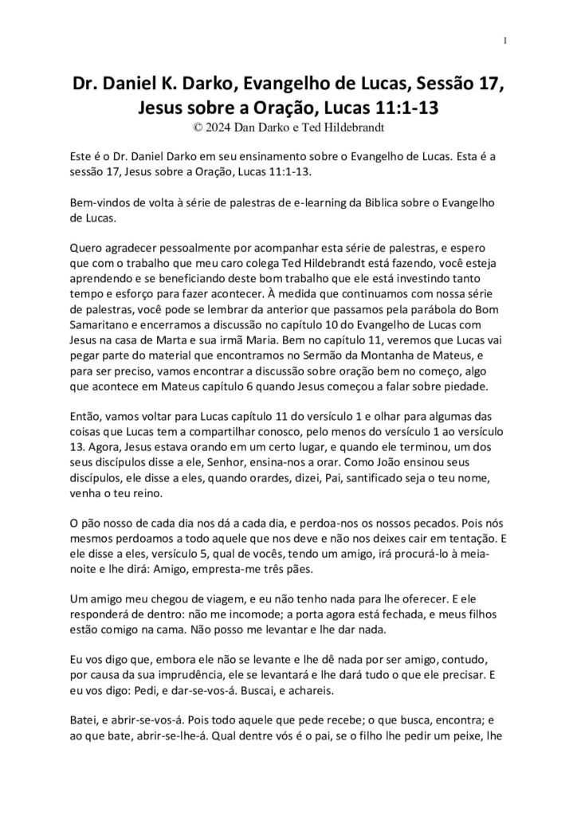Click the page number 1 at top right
[x=506, y=41]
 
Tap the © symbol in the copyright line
[x=186, y=124]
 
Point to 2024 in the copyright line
[x=211, y=124]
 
